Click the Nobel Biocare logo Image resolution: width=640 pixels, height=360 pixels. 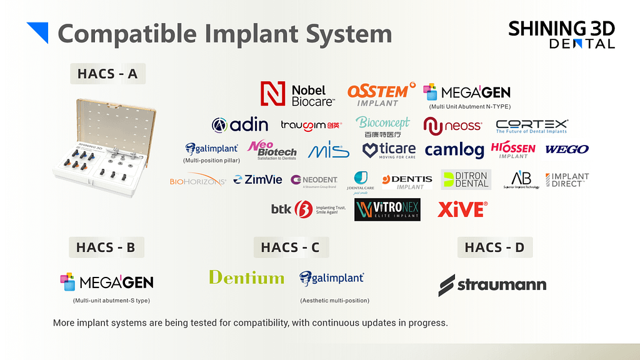click(297, 93)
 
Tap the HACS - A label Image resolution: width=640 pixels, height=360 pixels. click(107, 74)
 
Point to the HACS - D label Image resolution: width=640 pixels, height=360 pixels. click(494, 247)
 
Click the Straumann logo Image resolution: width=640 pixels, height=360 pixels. click(492, 285)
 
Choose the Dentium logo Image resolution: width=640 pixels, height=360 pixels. click(246, 277)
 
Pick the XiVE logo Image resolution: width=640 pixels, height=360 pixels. click(462, 209)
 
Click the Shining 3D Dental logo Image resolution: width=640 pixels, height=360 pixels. click(561, 34)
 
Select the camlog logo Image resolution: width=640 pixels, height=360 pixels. click(454, 150)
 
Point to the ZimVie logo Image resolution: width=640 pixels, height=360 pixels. click(258, 180)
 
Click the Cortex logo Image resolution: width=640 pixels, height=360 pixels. click(531, 126)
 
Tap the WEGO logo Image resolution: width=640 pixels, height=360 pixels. click(567, 149)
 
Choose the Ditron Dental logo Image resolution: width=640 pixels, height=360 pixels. click(466, 180)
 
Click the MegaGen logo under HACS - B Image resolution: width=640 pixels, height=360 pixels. click(107, 282)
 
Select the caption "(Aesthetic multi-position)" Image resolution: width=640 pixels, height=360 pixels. click(334, 301)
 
